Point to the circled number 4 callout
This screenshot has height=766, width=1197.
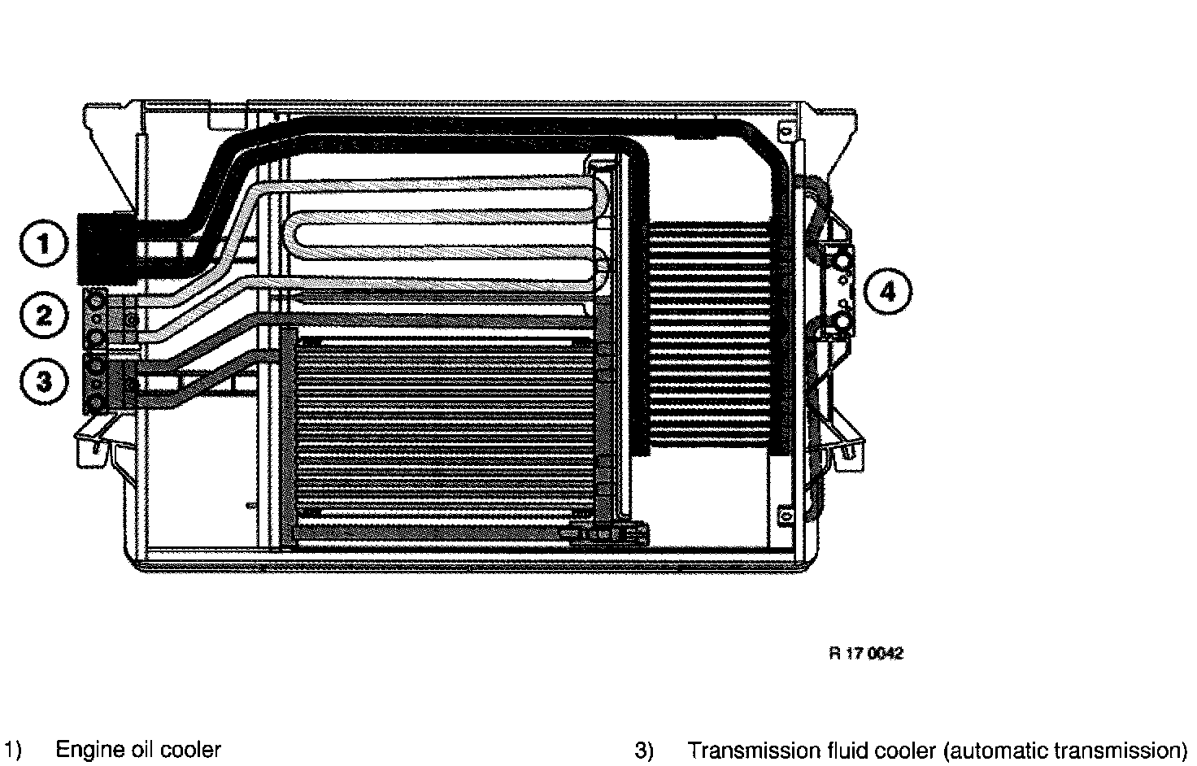click(x=887, y=291)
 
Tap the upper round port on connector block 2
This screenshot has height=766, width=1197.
click(x=97, y=302)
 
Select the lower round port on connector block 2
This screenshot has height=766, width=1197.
click(x=97, y=336)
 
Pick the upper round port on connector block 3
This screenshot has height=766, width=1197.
click(x=97, y=364)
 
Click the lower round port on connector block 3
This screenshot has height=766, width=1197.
click(x=97, y=402)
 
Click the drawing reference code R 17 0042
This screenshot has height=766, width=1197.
click(x=865, y=653)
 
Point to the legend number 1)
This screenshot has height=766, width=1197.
click(x=12, y=749)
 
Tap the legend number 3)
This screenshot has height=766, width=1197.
click(x=643, y=750)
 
